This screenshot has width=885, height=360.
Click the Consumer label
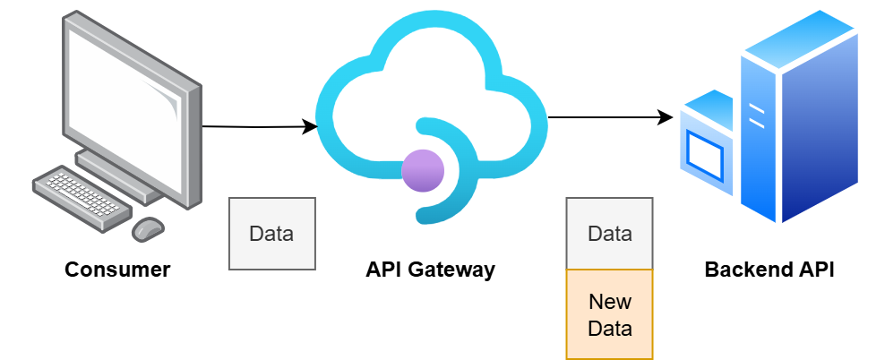tap(117, 270)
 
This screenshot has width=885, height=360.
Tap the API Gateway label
tap(430, 270)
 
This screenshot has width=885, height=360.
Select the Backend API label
tap(769, 270)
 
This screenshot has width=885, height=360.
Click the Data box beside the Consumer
tap(271, 234)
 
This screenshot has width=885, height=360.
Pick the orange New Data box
tap(610, 314)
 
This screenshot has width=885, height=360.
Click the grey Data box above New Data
tap(610, 234)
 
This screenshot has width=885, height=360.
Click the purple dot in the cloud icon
tap(423, 171)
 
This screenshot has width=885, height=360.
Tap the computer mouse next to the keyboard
tap(148, 228)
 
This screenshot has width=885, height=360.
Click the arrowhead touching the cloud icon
tap(310, 126)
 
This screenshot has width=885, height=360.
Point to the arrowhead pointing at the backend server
tap(666, 117)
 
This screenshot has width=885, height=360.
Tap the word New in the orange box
tap(610, 302)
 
